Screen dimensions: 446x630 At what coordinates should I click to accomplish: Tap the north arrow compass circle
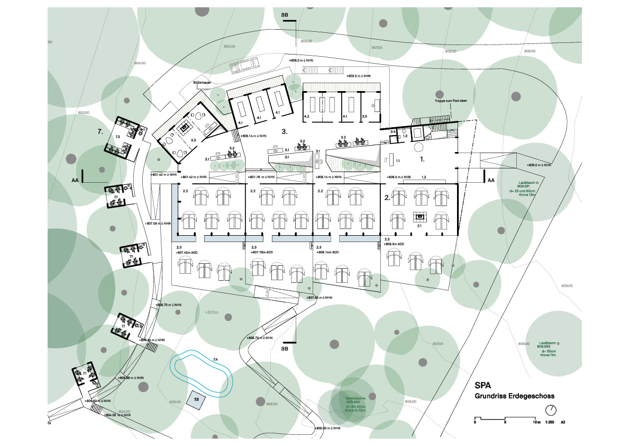click(x=552, y=410)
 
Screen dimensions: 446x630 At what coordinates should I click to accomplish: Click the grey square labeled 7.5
click(x=196, y=399)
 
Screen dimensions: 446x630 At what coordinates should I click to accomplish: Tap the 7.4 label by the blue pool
click(x=215, y=360)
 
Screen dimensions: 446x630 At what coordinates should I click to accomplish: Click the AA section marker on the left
click(x=75, y=180)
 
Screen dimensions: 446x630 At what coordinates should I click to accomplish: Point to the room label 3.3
click(x=193, y=140)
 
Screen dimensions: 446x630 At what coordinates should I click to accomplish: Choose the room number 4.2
click(x=306, y=115)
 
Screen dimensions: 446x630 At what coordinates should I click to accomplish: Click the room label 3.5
click(x=364, y=115)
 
